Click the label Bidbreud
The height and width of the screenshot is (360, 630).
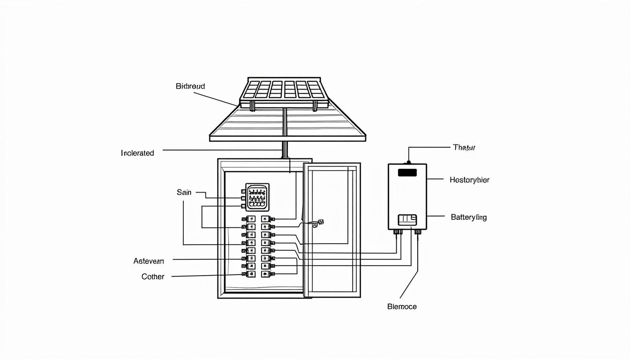pyautogui.click(x=190, y=86)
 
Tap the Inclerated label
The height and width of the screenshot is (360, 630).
pyautogui.click(x=137, y=153)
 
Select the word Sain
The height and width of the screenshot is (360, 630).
pyautogui.click(x=184, y=192)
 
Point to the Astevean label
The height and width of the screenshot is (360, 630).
pyautogui.click(x=149, y=261)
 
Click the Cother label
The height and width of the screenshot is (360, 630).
pyautogui.click(x=153, y=277)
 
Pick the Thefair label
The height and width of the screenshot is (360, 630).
pyautogui.click(x=464, y=147)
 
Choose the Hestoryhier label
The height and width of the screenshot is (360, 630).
pyautogui.click(x=469, y=180)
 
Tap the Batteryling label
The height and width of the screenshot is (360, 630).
pyautogui.click(x=468, y=217)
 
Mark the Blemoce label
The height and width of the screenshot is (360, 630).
pyautogui.click(x=402, y=307)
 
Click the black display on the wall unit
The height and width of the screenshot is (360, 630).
pyautogui.click(x=407, y=172)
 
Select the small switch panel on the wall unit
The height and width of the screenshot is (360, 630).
pyautogui.click(x=407, y=219)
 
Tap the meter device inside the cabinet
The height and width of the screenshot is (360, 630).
pyautogui.click(x=257, y=196)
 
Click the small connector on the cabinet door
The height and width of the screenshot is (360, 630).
pyautogui.click(x=319, y=223)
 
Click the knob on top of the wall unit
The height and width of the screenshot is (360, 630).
pyautogui.click(x=408, y=162)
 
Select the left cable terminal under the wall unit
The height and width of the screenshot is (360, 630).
pyautogui.click(x=397, y=232)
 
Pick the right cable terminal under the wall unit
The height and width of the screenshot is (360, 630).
pyautogui.click(x=418, y=232)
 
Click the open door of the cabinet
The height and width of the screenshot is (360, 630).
pyautogui.click(x=332, y=230)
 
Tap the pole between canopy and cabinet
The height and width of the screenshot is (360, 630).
pyautogui.click(x=284, y=150)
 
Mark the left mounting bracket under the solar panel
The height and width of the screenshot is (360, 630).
pyautogui.click(x=252, y=106)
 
